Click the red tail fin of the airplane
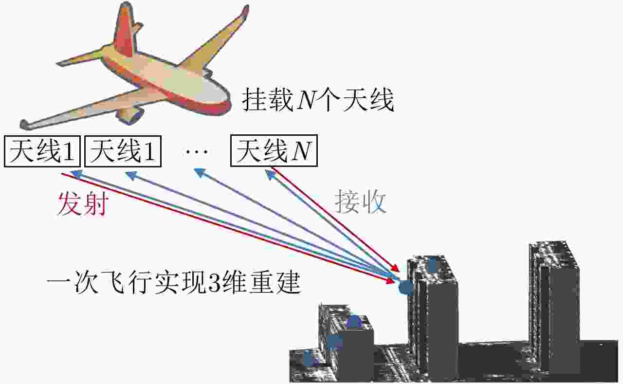124,31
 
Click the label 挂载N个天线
318,100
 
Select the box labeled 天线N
274,151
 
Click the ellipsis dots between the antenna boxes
197,151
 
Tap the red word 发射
83,204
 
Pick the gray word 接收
361,201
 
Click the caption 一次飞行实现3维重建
174,283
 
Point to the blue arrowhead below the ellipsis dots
200,172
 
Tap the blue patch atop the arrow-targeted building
432,264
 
